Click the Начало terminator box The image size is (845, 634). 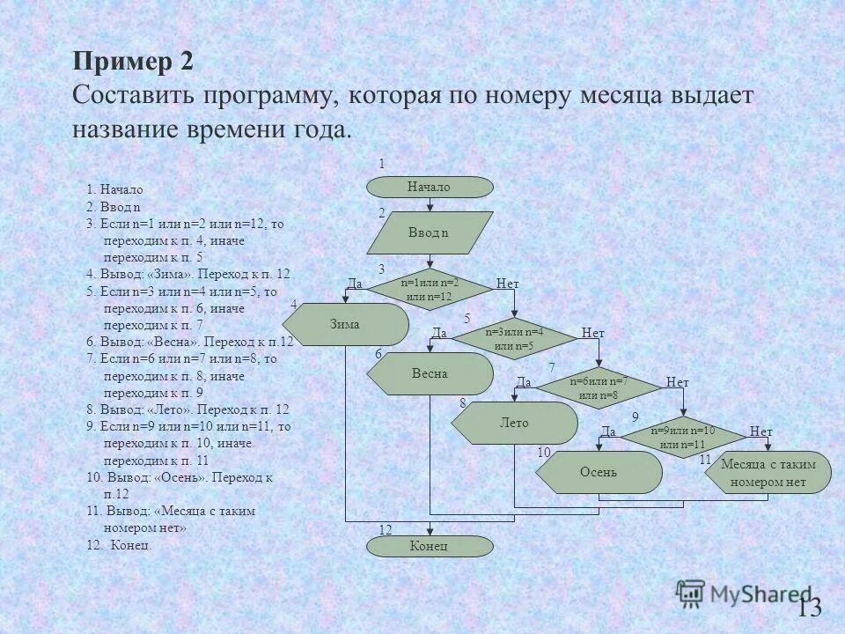429,187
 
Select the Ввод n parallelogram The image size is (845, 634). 429,233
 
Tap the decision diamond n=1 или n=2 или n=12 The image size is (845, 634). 429,289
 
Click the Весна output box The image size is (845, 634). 430,373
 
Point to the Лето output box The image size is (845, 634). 515,423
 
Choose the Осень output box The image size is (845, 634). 599,472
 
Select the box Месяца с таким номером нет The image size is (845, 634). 768,473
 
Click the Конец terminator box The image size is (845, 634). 430,546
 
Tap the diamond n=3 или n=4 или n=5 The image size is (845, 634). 514,338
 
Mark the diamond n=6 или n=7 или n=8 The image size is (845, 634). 599,387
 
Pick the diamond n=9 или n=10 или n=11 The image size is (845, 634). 683,437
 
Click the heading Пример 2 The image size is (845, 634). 132,63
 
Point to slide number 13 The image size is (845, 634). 809,607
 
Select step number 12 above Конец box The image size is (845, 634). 385,529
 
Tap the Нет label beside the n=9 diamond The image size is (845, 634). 760,431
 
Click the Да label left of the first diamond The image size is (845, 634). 355,284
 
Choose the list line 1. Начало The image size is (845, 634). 114,189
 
